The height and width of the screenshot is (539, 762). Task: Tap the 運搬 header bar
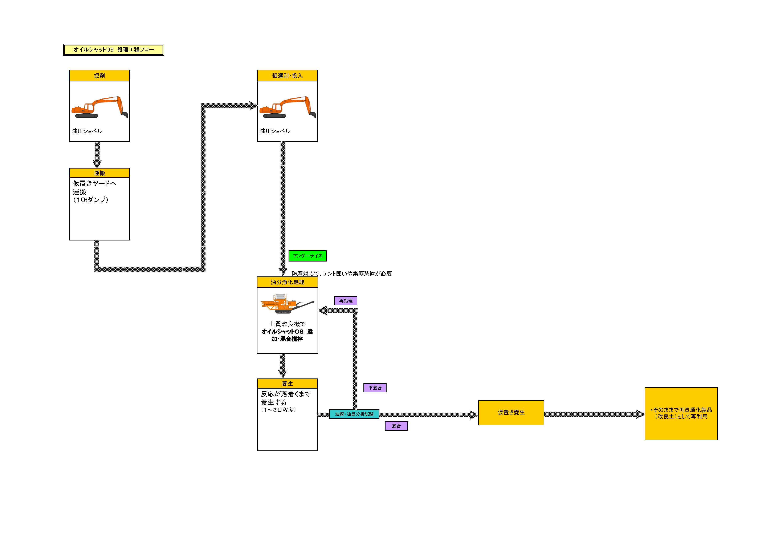tap(99, 173)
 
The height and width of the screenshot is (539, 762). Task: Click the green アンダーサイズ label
tap(307, 256)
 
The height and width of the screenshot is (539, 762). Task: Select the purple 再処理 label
tap(346, 301)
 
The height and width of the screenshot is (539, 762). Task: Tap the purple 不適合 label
tap(375, 388)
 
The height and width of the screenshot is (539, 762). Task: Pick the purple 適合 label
tap(396, 426)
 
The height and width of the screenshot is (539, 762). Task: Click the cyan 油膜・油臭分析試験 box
tap(354, 414)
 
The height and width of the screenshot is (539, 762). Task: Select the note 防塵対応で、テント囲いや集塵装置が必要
tap(342, 273)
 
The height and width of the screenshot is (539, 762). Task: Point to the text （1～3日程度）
tap(279, 410)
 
